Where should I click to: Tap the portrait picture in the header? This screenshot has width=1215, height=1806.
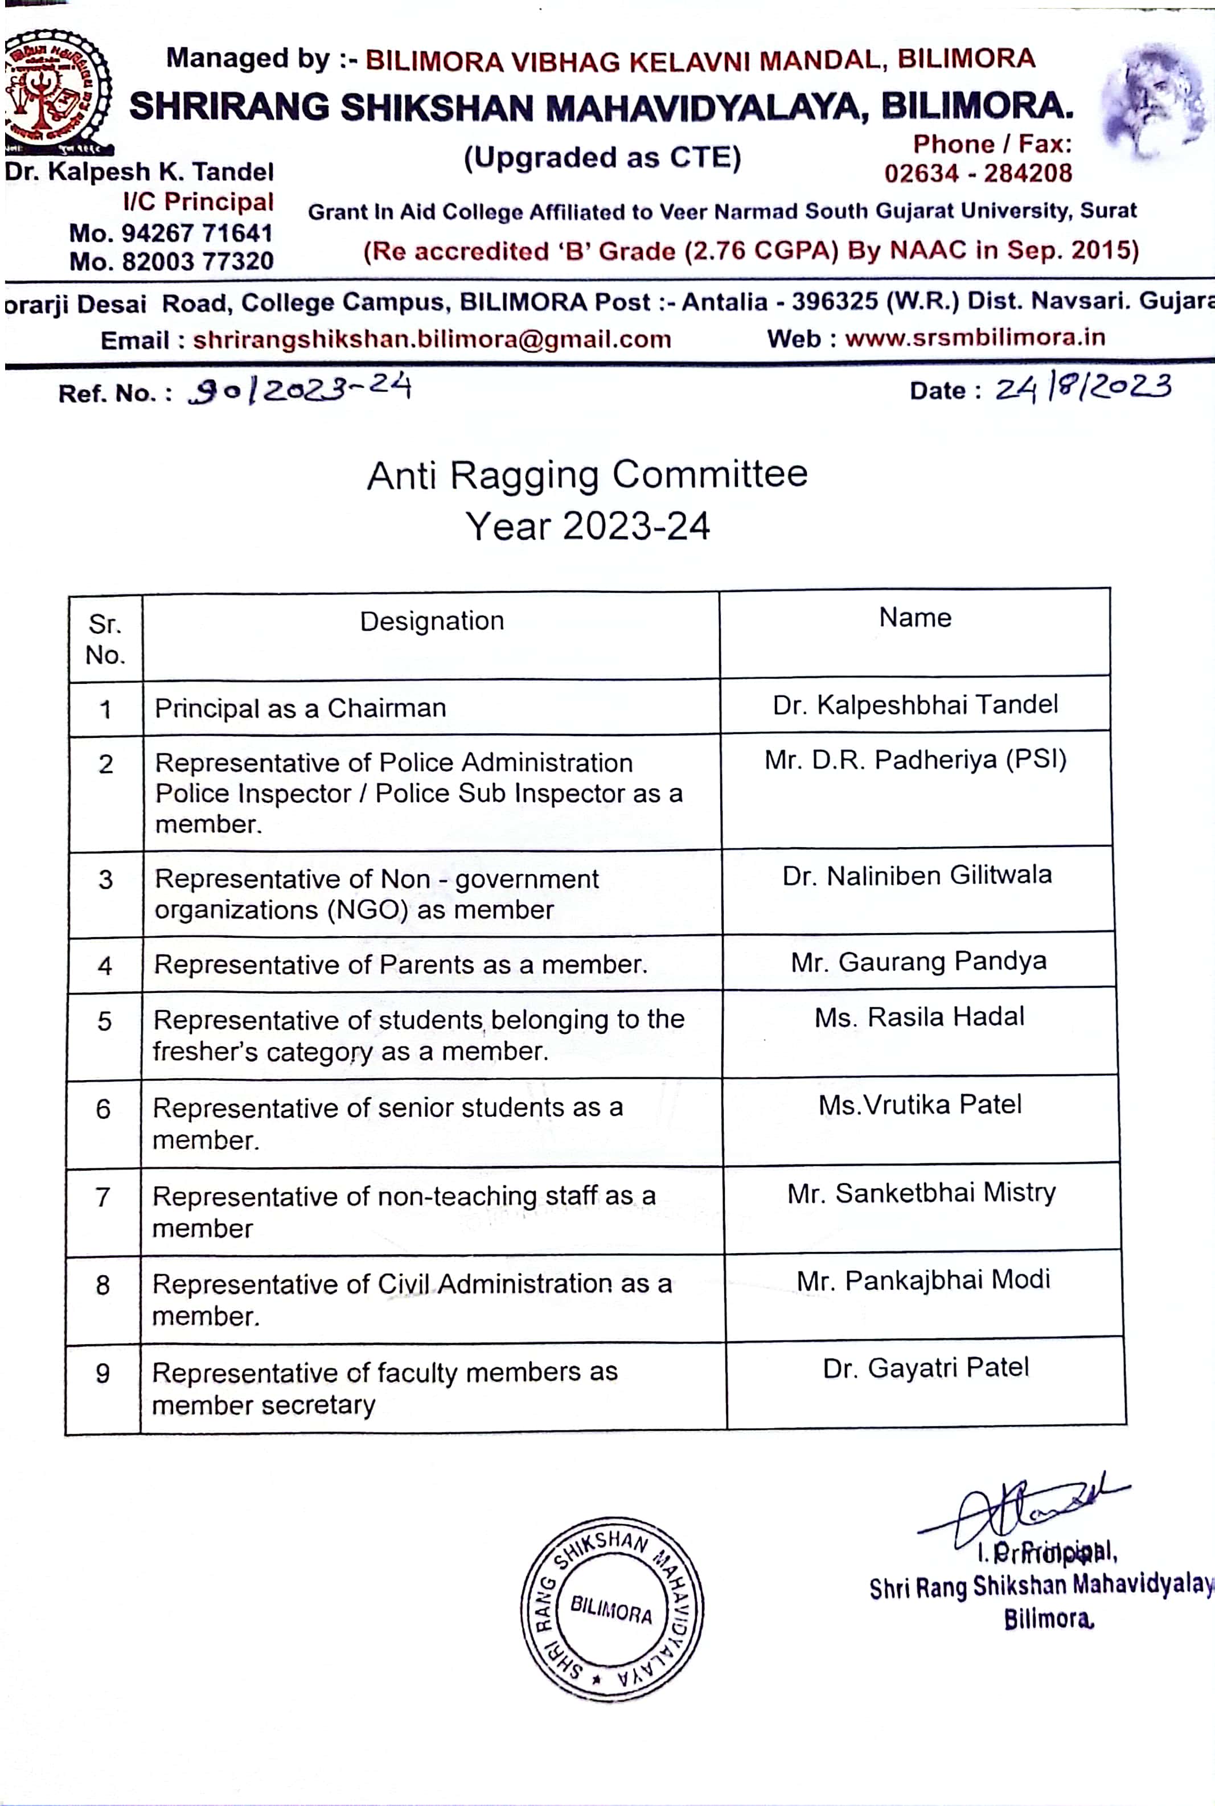point(1154,101)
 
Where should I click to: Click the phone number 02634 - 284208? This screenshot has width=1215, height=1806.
point(978,173)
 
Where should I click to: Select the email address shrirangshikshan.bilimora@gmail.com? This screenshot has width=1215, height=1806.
point(432,339)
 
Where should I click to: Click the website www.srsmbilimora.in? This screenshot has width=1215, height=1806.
point(974,338)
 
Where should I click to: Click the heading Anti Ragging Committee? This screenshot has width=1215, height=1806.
point(586,474)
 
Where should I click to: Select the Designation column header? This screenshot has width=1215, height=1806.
point(432,621)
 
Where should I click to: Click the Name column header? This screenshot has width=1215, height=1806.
point(914,618)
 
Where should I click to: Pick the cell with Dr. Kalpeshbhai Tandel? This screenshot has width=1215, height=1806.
point(914,704)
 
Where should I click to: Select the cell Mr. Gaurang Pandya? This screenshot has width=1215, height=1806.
point(918,962)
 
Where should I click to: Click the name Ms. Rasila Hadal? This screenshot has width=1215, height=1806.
point(919,1016)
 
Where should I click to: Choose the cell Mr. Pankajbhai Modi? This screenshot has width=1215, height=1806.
point(923,1280)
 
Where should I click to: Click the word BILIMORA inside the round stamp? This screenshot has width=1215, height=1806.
point(611,1609)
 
